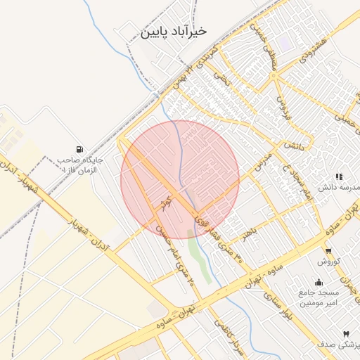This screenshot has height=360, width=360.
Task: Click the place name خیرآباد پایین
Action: point(174,32)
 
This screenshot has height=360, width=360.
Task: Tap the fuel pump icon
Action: point(79,149)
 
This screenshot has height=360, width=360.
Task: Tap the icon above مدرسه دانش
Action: point(338,176)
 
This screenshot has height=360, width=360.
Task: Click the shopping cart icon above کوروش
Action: point(328,250)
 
